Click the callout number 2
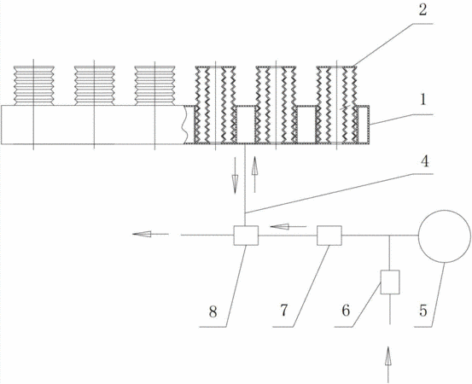tap(422, 10)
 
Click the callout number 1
tap(423, 100)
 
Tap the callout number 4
tap(424, 161)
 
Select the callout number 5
tap(423, 311)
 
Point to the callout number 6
tap(346, 311)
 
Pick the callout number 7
tap(284, 311)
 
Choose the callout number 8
tap(213, 312)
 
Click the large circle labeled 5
tap(445, 236)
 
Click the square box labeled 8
tap(246, 235)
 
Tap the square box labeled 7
tap(329, 236)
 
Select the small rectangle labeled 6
tap(390, 282)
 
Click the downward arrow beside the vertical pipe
tap(235, 175)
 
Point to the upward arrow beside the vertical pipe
tap(254, 174)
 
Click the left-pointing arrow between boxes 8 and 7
tap(288, 226)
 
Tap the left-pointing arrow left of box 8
tap(150, 234)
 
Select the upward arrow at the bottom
tap(388, 364)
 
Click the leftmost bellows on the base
tap(34, 85)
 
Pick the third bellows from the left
tap(154, 85)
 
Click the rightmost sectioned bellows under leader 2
tap(337, 104)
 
